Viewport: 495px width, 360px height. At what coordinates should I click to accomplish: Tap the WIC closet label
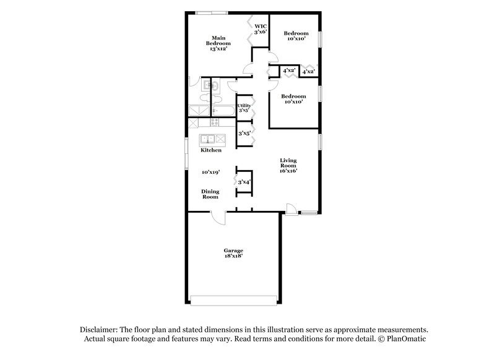(x=260, y=28)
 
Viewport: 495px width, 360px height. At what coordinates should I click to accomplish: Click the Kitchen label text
(x=210, y=150)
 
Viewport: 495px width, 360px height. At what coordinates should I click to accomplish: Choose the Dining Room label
(x=210, y=194)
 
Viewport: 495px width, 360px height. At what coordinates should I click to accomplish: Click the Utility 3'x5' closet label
(x=244, y=108)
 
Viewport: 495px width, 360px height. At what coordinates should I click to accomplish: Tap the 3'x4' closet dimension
(x=244, y=182)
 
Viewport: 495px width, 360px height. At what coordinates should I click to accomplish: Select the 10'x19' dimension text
(x=211, y=172)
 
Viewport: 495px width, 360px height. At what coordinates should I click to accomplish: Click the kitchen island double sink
(x=210, y=139)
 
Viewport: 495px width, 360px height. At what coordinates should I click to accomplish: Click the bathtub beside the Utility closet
(x=223, y=111)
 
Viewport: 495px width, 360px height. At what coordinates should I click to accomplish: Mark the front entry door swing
(x=291, y=208)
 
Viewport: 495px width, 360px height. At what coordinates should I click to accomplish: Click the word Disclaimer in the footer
(x=98, y=330)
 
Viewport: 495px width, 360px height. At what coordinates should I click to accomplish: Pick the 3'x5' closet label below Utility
(x=244, y=133)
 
